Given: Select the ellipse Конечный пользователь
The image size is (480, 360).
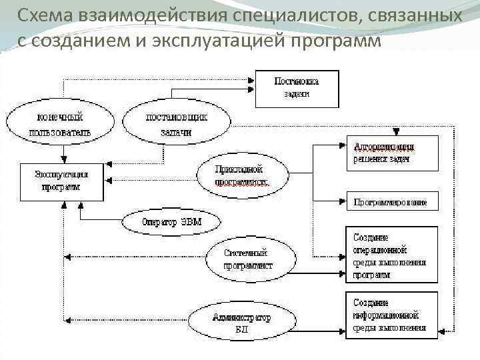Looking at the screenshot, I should click(x=59, y=124).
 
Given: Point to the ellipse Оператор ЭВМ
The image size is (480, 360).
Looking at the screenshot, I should click(x=171, y=221).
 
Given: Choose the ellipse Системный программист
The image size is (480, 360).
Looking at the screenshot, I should click(x=249, y=259).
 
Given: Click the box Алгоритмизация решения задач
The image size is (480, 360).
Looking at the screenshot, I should click(x=392, y=153).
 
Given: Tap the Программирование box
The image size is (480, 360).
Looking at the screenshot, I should click(x=392, y=201).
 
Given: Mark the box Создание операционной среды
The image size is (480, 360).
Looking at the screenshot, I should click(x=392, y=255).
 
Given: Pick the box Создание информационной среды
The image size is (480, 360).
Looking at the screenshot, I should click(x=392, y=311).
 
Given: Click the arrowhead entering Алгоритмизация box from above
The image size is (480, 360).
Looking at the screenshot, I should click(x=396, y=131).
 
